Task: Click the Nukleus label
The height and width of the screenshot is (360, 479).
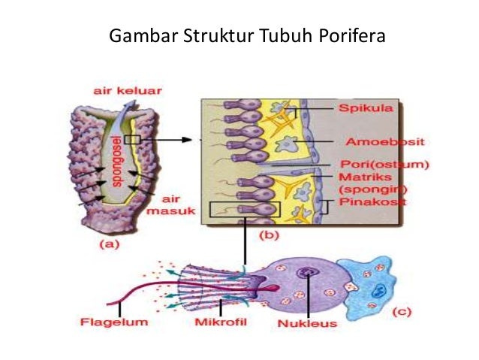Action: point(306,324)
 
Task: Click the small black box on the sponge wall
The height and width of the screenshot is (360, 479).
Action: point(133,139)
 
